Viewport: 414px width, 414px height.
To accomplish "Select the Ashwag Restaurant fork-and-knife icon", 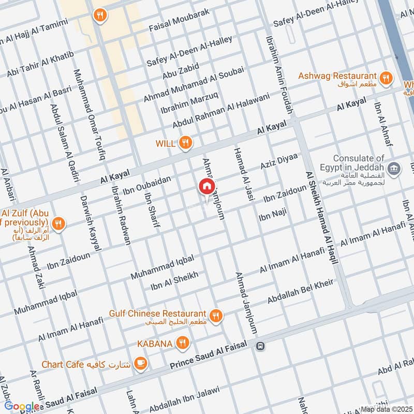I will click(x=385, y=79).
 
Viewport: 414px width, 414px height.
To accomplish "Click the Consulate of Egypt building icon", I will click(x=394, y=169).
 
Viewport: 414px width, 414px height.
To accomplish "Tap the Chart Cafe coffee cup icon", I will click(x=140, y=364).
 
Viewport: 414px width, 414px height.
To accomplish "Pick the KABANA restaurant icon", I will click(x=182, y=343).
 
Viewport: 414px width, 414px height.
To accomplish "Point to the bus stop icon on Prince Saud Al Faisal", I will click(x=260, y=346).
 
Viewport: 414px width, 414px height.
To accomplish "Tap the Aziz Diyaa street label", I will click(x=279, y=164).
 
